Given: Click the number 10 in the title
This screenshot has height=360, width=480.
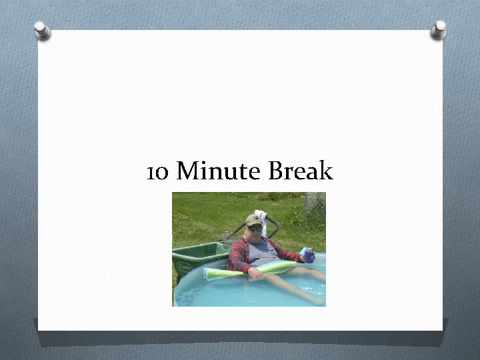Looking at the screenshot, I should [157, 173].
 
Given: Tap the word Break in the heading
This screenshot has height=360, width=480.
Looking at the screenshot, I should [300, 173].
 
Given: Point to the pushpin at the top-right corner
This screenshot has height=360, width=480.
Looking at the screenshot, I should [438, 29].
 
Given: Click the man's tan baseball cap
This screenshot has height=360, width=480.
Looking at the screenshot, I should [253, 221].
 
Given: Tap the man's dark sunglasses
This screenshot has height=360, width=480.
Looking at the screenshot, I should [255, 228].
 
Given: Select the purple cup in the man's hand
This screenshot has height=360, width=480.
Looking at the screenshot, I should [308, 255].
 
